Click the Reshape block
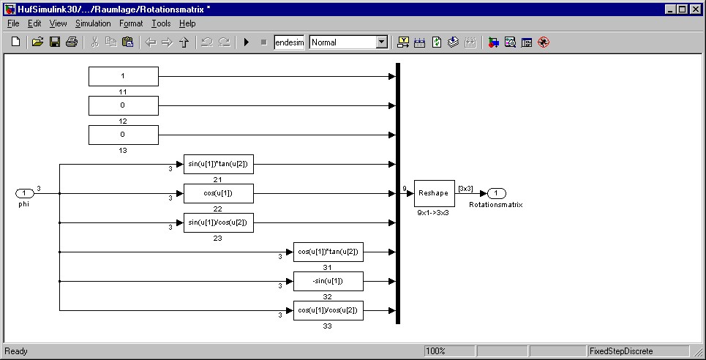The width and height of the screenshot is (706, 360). [435, 193]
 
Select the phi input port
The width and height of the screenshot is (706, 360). [24, 193]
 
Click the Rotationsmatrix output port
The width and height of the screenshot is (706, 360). [496, 193]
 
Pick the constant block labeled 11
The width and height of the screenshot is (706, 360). [123, 76]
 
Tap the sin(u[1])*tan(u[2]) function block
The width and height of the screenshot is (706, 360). [218, 164]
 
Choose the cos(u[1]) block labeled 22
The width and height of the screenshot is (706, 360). [218, 193]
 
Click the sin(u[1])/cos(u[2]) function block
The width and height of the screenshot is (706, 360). [218, 222]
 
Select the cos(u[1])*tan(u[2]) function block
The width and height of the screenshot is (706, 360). [328, 252]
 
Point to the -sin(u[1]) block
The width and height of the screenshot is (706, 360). [328, 281]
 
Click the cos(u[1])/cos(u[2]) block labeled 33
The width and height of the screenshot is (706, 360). [328, 310]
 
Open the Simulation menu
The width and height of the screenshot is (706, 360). [93, 23]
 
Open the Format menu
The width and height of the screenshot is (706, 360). [131, 23]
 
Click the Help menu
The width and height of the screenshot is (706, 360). [187, 23]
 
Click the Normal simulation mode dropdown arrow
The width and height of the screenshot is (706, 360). [381, 42]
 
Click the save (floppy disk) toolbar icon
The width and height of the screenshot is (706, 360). [55, 42]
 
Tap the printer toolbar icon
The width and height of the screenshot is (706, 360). [71, 42]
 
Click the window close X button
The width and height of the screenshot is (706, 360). [696, 10]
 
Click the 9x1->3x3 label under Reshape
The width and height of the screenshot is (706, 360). [433, 213]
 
